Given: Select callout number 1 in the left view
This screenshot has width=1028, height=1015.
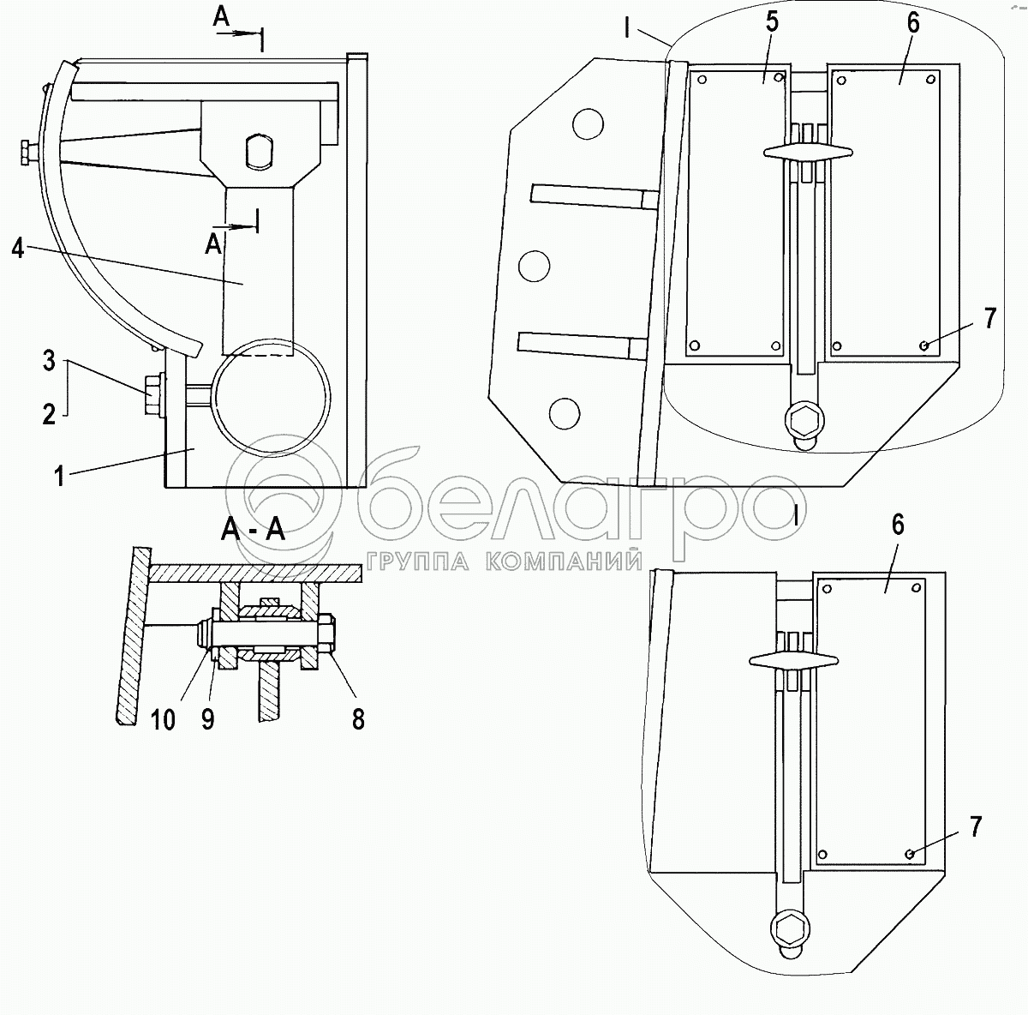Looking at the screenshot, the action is tap(59, 475).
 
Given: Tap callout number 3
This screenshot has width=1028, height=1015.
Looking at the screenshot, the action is tap(49, 361).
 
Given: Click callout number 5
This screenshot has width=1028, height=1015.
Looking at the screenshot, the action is tap(773, 23).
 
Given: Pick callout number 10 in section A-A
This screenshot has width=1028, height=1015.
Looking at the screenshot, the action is tap(163, 718).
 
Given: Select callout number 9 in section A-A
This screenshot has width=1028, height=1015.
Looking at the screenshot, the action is tap(207, 718).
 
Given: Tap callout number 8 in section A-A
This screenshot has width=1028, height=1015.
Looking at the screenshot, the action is tap(357, 718).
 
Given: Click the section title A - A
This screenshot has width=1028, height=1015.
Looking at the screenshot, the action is tap(253, 530).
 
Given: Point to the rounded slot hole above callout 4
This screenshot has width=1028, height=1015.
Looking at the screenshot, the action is tap(258, 153).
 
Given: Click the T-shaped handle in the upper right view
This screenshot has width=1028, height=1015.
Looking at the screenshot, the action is tap(807, 152).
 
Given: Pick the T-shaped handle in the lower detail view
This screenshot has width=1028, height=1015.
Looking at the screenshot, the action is tap(794, 658).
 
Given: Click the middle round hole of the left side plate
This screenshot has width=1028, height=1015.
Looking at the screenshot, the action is tap(534, 265).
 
